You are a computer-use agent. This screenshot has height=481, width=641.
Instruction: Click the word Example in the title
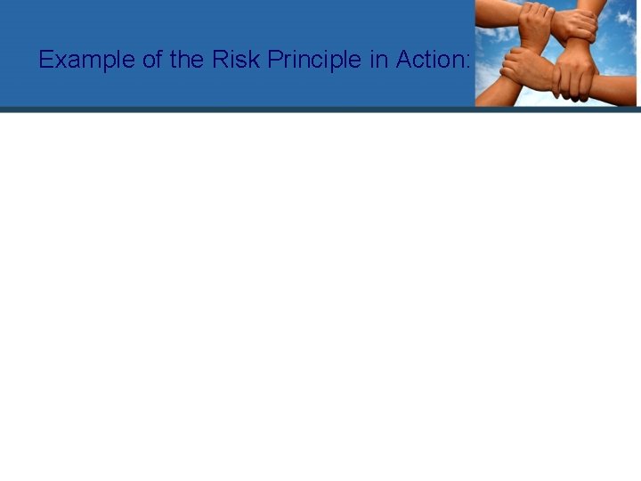click(87, 61)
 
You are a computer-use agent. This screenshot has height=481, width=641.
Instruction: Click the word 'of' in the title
click(152, 61)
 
